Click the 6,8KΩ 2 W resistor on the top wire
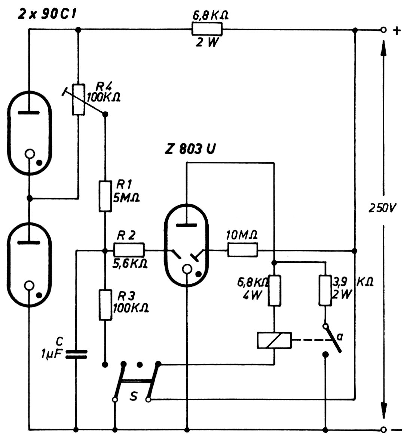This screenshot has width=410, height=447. point(207,29)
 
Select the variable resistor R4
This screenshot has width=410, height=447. point(78,100)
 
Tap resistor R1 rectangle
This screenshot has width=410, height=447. point(105,196)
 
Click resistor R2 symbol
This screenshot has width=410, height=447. point(129,250)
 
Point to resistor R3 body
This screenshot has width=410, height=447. point(105,305)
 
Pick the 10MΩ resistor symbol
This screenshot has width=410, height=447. point(242,250)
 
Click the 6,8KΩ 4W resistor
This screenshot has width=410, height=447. point(274,291)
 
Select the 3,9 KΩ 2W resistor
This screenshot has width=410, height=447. point(325,290)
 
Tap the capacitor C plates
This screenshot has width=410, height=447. point(76,354)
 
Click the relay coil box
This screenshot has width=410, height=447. point(274,340)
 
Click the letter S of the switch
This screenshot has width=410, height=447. point(133,396)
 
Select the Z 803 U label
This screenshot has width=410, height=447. point(190,149)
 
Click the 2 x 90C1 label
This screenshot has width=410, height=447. point(47,14)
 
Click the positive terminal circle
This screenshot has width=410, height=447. point(383,30)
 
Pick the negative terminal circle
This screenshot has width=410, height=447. point(383,429)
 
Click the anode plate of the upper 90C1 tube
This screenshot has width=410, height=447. point(29,113)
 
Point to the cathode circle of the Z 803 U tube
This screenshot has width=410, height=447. point(187,269)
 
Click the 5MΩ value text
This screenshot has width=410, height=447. point(126,198)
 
